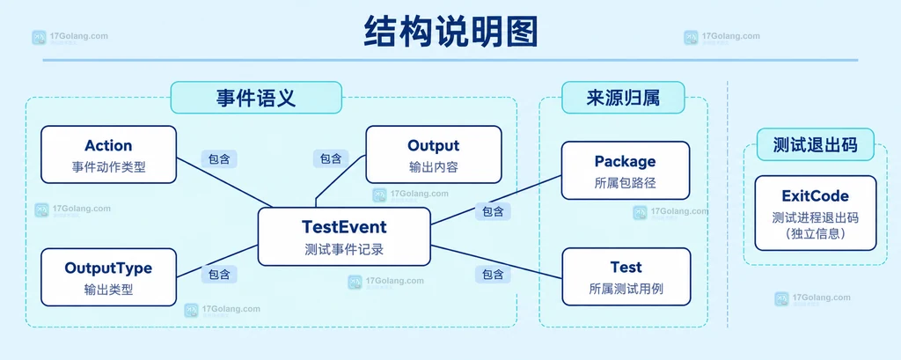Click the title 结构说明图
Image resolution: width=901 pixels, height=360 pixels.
[450, 31]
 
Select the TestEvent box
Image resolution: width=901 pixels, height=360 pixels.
[344, 237]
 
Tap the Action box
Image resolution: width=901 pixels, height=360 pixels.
[108, 155]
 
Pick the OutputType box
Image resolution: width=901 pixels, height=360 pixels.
[108, 277]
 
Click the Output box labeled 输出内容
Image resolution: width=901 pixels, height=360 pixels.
[434, 155]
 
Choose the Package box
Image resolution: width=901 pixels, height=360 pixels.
[626, 170]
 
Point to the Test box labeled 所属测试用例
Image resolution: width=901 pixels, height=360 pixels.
[626, 276]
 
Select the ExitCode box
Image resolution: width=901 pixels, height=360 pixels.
[816, 213]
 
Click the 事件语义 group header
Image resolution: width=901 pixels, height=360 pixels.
[256, 97]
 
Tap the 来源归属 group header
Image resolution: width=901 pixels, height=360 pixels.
[624, 97]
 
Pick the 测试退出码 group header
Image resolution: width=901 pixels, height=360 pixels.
[816, 144]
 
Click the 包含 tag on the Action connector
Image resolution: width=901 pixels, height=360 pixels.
[219, 158]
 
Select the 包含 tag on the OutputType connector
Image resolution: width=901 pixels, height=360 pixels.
[219, 275]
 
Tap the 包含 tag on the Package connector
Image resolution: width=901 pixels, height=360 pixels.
[493, 211]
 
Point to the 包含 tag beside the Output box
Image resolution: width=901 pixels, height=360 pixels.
[331, 158]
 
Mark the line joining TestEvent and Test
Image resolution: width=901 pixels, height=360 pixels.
[496, 261]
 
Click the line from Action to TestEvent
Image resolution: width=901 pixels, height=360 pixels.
[224, 182]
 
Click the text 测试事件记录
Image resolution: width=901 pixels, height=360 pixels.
[344, 250]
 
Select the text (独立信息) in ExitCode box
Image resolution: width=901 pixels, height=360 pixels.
[816, 235]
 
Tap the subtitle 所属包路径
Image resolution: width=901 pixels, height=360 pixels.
[626, 183]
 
